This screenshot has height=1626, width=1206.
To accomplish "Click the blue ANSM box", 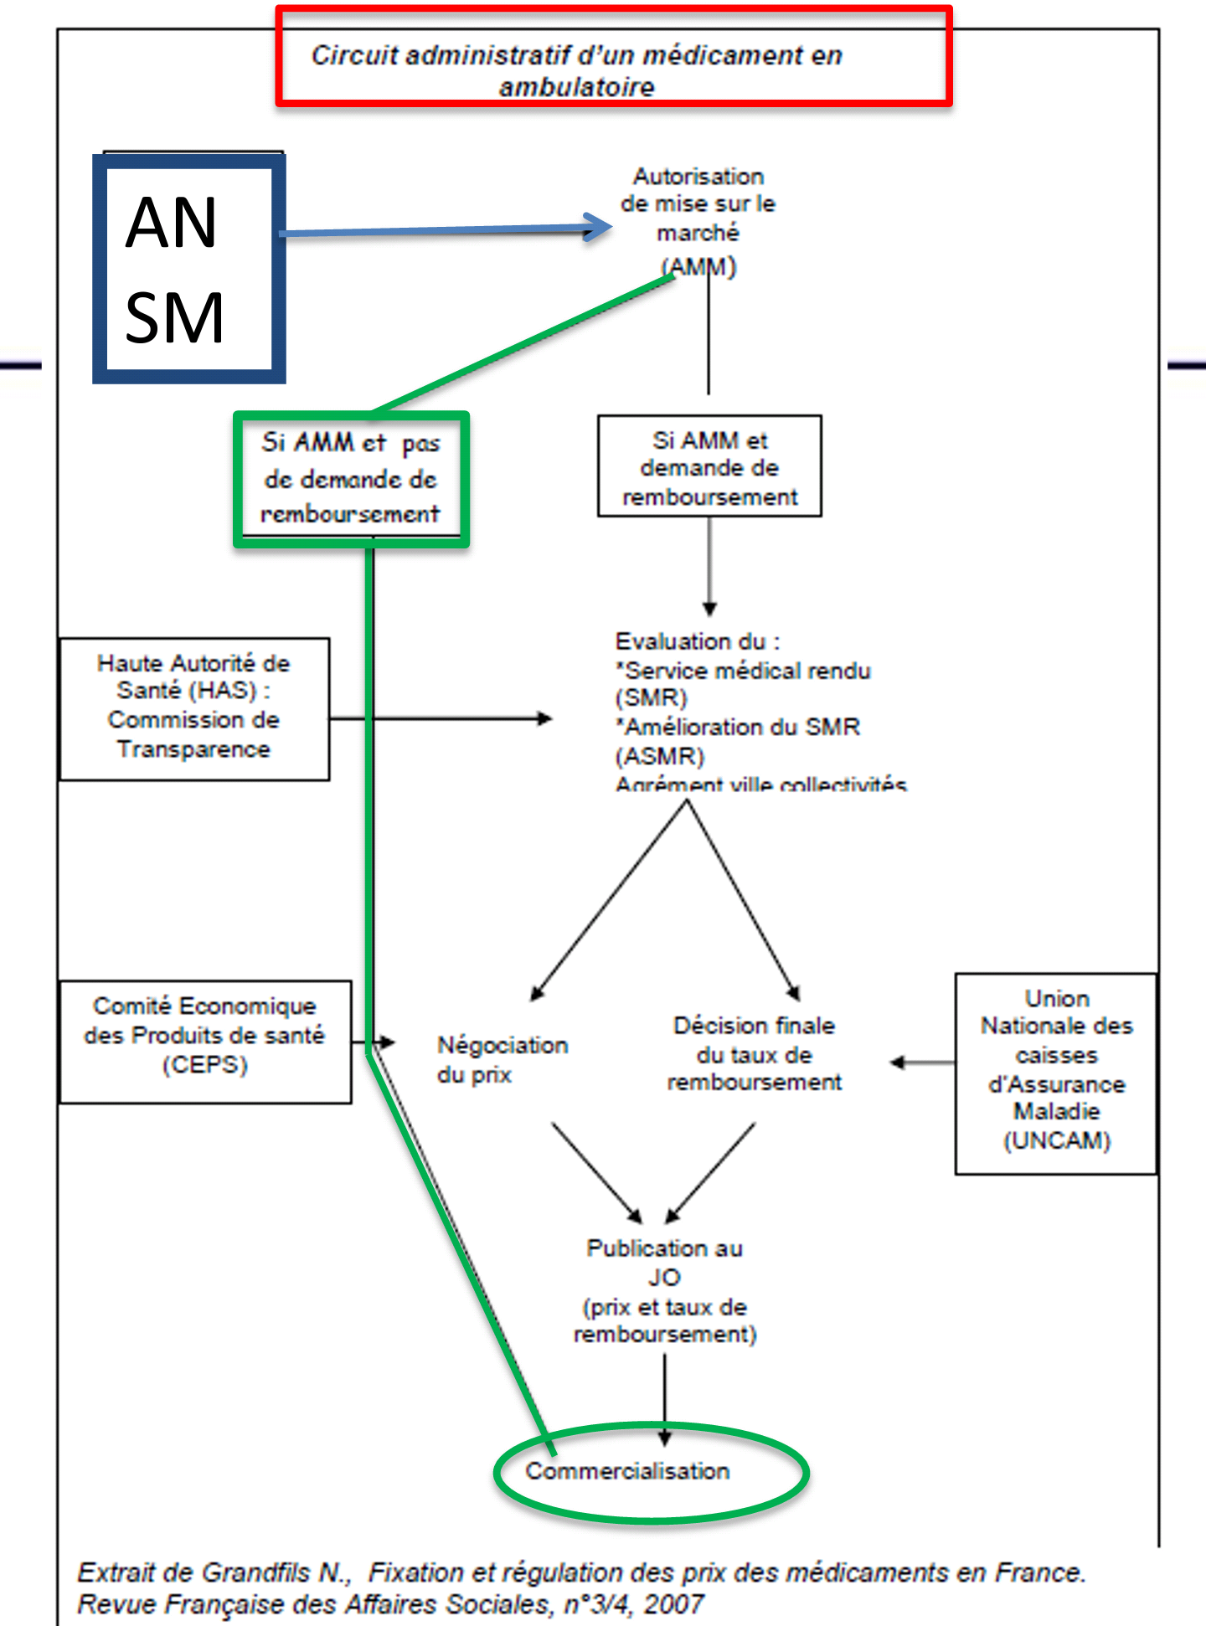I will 189,268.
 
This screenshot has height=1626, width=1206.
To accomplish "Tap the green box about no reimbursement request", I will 351,479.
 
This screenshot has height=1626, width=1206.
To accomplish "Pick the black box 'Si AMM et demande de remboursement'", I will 709,466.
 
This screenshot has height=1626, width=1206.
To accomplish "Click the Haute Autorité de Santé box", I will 194,708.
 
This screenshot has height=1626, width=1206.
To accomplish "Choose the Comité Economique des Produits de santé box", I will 205,1041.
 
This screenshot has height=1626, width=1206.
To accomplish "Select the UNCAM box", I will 1056,1073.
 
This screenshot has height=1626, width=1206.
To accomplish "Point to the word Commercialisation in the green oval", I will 627,1471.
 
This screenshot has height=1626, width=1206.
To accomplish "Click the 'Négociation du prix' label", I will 502,1059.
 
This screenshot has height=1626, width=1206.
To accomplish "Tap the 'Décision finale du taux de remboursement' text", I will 754,1053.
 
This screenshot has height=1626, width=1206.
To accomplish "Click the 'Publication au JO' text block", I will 665,1290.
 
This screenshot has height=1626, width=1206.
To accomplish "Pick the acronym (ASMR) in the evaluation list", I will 660,756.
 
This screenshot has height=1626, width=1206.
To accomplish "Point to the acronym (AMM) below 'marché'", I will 698,267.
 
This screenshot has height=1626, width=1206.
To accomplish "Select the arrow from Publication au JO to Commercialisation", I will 665,1398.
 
